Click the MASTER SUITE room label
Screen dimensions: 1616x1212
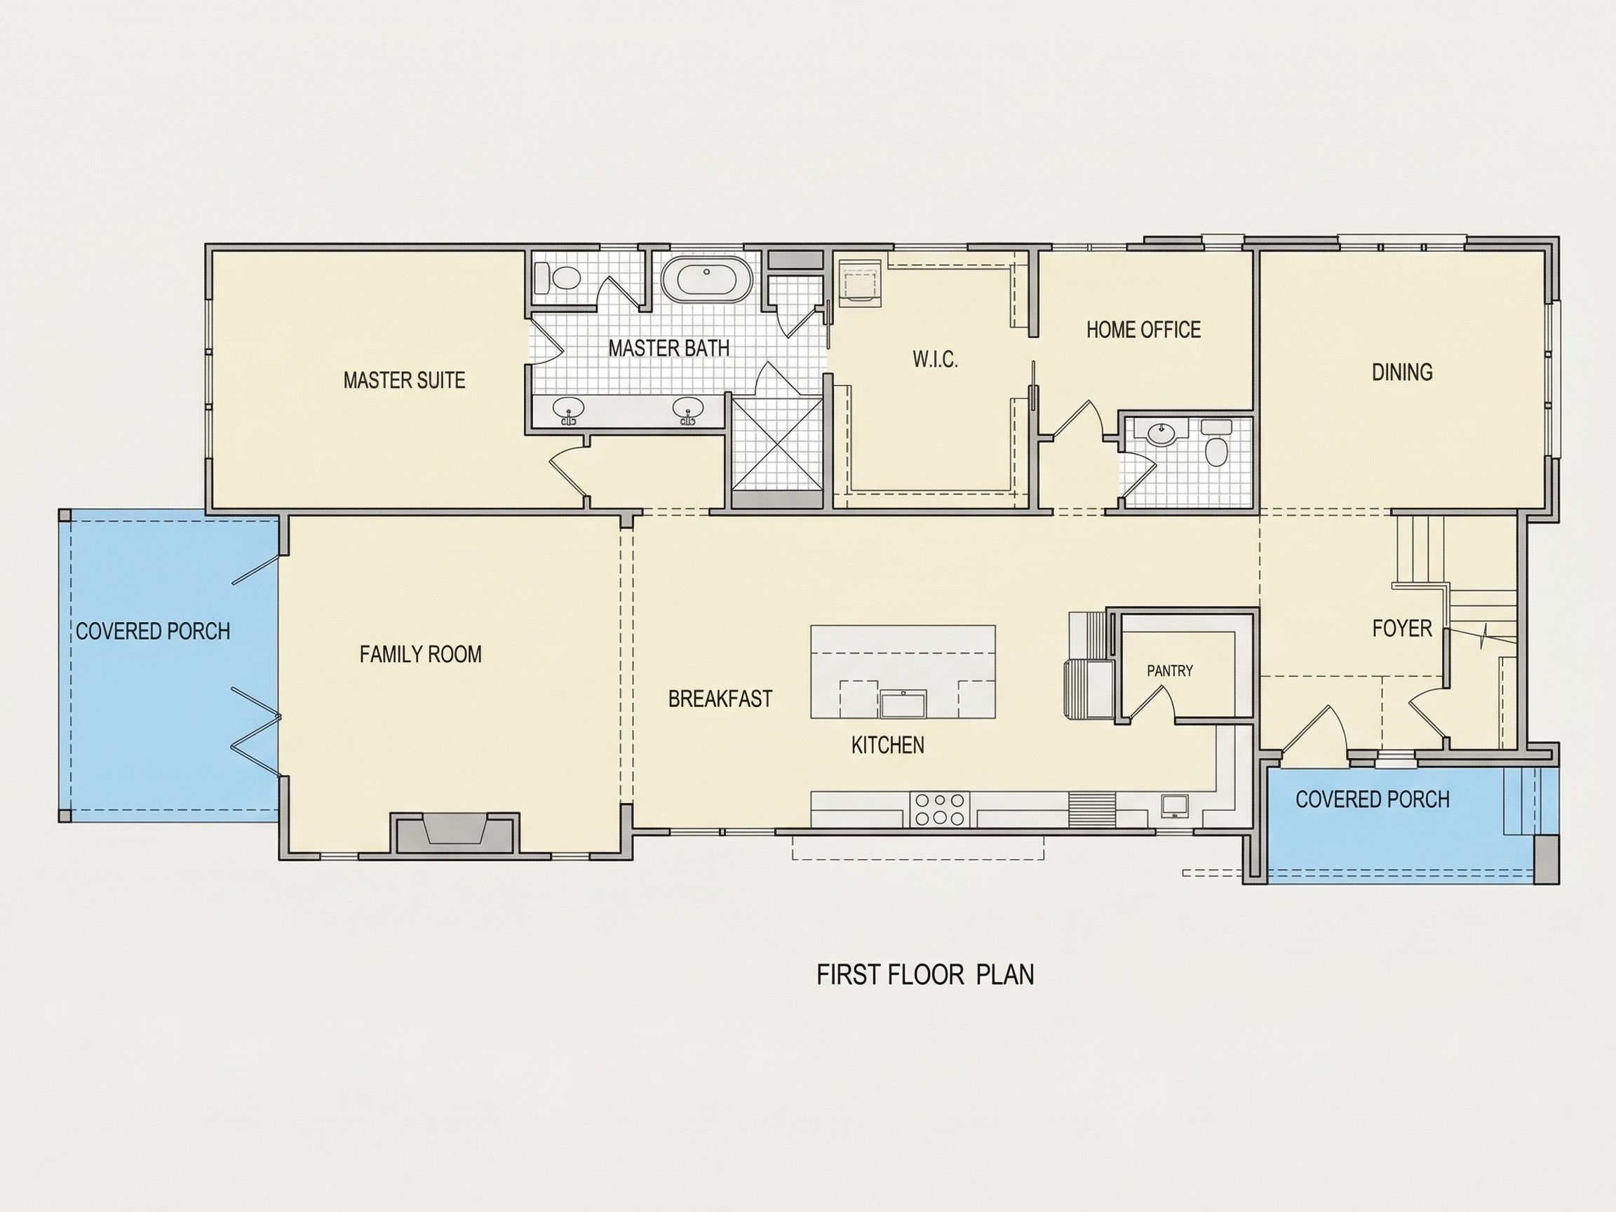tap(404, 381)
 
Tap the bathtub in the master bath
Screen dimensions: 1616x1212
tap(706, 278)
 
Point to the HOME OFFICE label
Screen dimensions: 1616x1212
tap(1143, 330)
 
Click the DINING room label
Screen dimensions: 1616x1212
tap(1402, 372)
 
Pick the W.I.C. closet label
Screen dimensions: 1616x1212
tap(935, 359)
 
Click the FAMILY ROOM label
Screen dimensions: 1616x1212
tap(421, 654)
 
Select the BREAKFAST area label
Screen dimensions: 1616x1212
tap(720, 699)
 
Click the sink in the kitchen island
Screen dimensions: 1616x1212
tap(903, 704)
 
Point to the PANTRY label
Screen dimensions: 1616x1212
tap(1170, 670)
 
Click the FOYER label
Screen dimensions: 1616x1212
tap(1402, 628)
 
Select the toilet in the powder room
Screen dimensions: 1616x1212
tap(1216, 446)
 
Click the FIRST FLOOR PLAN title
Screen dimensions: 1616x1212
tap(925, 974)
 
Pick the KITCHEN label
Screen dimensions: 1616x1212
tap(888, 745)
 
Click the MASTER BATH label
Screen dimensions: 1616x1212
tap(668, 349)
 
